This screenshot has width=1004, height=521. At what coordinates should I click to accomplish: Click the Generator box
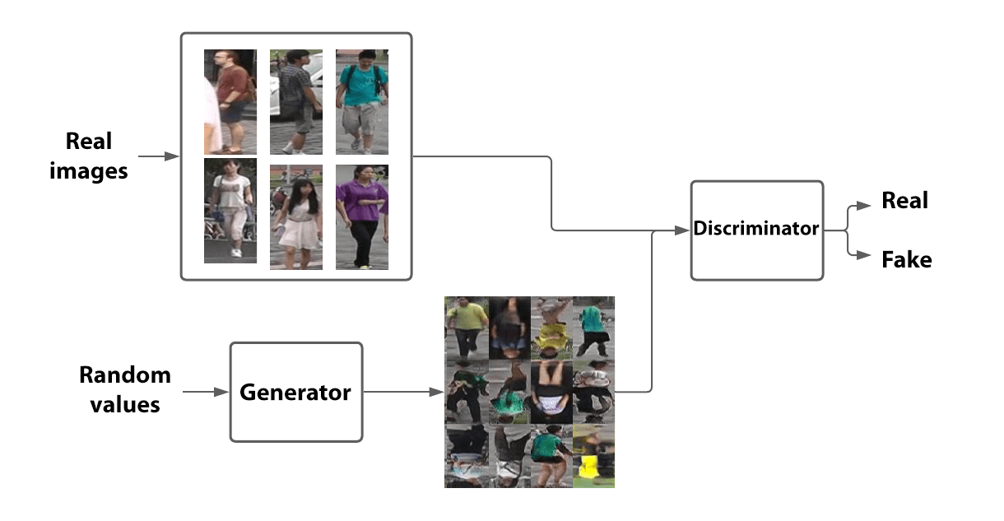click(x=295, y=392)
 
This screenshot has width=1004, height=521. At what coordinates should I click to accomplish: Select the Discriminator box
click(x=756, y=230)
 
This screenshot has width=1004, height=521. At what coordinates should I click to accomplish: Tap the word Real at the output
click(x=904, y=201)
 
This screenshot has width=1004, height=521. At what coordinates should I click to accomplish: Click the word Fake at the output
click(x=906, y=260)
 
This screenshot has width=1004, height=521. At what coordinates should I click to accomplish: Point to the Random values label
click(x=125, y=389)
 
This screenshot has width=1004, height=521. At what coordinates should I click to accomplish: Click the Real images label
click(x=89, y=156)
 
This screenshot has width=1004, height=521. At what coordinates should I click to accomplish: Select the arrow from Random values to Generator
click(x=206, y=393)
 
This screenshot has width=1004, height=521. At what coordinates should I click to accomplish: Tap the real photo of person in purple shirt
click(x=362, y=216)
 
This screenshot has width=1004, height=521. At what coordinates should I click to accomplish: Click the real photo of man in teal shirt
click(x=362, y=101)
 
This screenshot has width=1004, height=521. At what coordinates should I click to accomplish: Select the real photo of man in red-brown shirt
click(x=230, y=101)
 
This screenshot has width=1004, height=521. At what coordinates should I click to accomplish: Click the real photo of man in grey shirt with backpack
click(x=296, y=101)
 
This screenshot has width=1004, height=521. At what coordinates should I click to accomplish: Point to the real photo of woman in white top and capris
click(x=230, y=212)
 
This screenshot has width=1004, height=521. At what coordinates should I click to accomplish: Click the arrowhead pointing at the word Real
click(x=865, y=204)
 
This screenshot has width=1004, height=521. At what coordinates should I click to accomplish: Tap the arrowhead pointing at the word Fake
click(x=865, y=256)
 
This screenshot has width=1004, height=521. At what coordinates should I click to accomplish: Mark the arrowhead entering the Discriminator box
click(x=683, y=230)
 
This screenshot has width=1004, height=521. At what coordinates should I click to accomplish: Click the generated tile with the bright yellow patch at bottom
click(x=593, y=456)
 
